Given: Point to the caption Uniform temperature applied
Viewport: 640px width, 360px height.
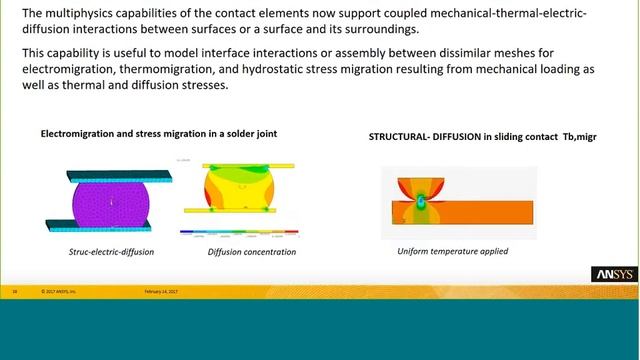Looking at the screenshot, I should [x=447, y=250].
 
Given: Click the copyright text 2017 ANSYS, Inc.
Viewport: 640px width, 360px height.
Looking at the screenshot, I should [x=68, y=292].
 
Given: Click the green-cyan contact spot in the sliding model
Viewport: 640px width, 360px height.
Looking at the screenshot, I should [x=422, y=202].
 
